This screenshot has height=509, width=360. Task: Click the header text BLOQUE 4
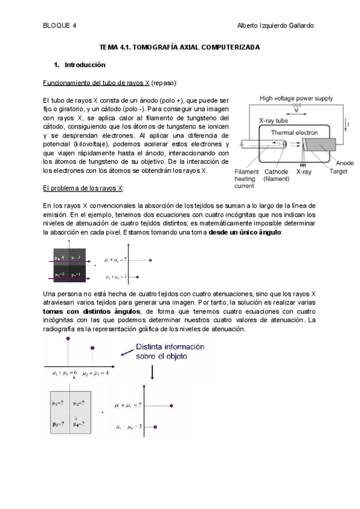tap(60, 25)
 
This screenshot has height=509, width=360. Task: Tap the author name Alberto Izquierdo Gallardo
tap(275, 25)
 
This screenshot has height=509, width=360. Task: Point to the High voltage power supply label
tap(296, 98)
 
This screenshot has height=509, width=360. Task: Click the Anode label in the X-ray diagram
tap(344, 163)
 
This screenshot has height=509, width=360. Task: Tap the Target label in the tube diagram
tap(338, 171)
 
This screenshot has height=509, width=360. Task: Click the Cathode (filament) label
tap(277, 175)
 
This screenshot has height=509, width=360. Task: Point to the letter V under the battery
tap(296, 111)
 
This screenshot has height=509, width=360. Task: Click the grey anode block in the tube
tap(314, 146)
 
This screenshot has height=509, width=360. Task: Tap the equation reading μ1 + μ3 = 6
tap(65, 373)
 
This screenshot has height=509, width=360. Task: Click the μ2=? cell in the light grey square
tap(79, 403)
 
